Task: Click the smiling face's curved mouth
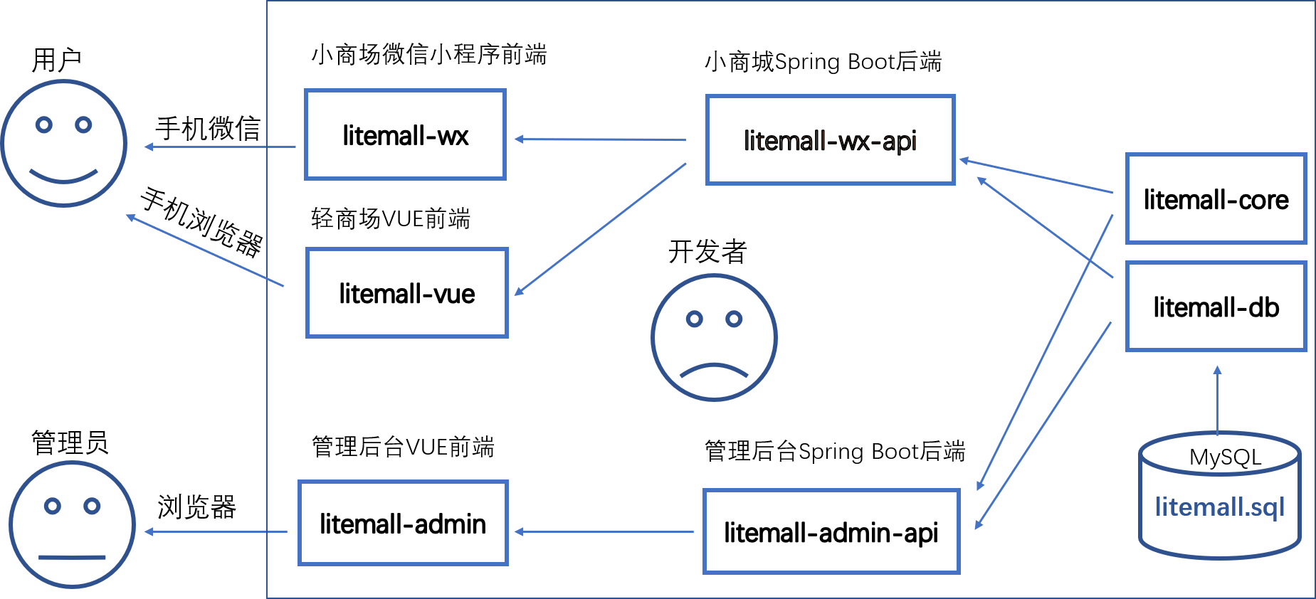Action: click(64, 178)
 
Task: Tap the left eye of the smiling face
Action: click(44, 125)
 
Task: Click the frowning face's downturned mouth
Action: click(714, 369)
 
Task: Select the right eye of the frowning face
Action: click(734, 319)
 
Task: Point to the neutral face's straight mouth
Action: click(72, 557)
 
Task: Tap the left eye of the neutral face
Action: click(52, 506)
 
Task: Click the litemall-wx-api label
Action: click(830, 141)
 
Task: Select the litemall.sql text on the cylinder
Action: click(1219, 507)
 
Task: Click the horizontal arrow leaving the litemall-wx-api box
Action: click(600, 139)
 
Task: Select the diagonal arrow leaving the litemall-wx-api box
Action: click(600, 229)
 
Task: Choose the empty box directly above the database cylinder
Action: click(1216, 307)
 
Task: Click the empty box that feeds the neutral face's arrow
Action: click(403, 523)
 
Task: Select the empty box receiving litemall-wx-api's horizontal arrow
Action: click(405, 134)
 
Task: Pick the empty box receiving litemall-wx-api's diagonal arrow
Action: click(406, 292)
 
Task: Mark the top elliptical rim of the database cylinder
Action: click(1220, 452)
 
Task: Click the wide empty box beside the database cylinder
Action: click(831, 531)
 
